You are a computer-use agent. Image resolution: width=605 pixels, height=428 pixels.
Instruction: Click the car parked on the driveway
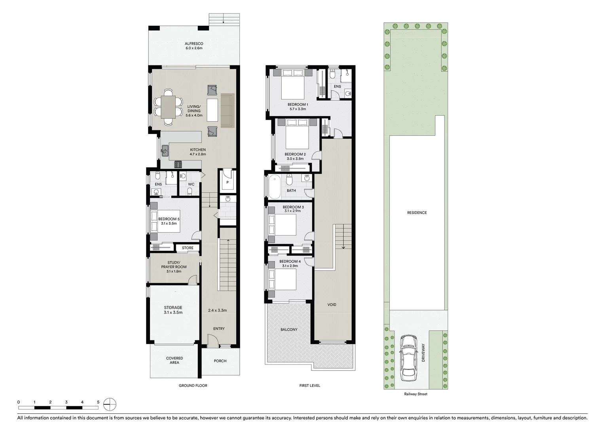tap(408, 357)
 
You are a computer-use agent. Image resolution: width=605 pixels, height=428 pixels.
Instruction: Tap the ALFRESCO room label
tap(194, 44)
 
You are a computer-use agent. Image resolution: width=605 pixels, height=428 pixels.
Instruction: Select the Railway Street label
tap(415, 394)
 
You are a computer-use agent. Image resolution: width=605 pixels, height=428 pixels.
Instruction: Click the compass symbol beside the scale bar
tap(110, 405)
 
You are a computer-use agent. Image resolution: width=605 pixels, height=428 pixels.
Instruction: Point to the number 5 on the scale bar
tap(98, 402)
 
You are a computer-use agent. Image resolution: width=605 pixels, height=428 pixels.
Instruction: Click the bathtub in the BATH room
tap(274, 187)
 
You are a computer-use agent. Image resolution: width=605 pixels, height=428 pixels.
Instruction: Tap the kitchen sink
tap(165, 151)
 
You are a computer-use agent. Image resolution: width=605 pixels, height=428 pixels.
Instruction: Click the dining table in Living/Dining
tap(169, 108)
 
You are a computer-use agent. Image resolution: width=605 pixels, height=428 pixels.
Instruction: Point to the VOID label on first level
tap(332, 304)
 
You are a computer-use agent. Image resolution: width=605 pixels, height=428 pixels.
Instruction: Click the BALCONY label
tap(289, 329)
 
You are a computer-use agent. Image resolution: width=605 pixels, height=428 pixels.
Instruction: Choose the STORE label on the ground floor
tap(188, 248)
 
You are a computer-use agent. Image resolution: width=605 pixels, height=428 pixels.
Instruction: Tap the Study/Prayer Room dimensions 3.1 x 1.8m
tap(174, 271)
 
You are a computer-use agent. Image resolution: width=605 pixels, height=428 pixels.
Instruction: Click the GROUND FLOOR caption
tap(193, 386)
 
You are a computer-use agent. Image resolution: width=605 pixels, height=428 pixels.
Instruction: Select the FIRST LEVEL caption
tap(309, 386)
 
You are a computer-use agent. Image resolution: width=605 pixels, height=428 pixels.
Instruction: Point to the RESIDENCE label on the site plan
tap(417, 213)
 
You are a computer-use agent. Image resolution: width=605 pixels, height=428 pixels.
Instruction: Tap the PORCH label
tap(220, 361)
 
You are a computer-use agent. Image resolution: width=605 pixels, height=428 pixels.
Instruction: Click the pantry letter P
tap(228, 182)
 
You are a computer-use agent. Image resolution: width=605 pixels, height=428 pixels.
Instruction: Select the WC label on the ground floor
tap(191, 184)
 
